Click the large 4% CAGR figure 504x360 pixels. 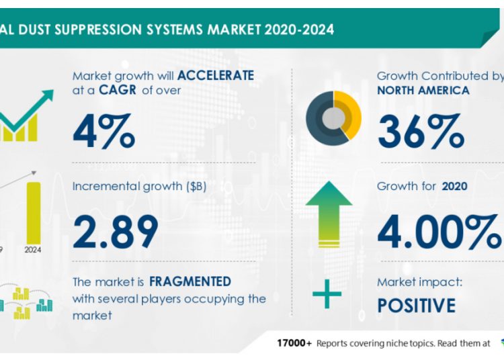pos(103,131)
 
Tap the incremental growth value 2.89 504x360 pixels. pos(116,230)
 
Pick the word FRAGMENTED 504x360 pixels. pos(190,281)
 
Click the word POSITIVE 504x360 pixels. pos(416,306)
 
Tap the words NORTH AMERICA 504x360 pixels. pos(423,90)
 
